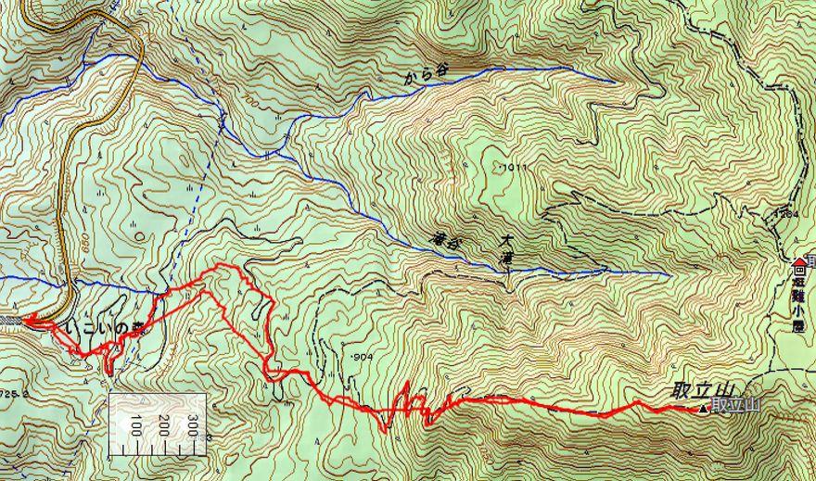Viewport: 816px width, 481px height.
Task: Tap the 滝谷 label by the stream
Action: point(447,239)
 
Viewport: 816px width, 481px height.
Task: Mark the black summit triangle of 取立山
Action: point(703,408)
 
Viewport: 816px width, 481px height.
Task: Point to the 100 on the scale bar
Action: point(135,428)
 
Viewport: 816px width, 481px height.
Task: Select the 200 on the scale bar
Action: point(164,428)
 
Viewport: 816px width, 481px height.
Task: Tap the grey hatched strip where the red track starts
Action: point(9,321)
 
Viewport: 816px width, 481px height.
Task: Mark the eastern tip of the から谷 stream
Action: point(614,81)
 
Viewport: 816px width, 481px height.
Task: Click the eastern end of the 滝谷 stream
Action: point(669,274)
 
